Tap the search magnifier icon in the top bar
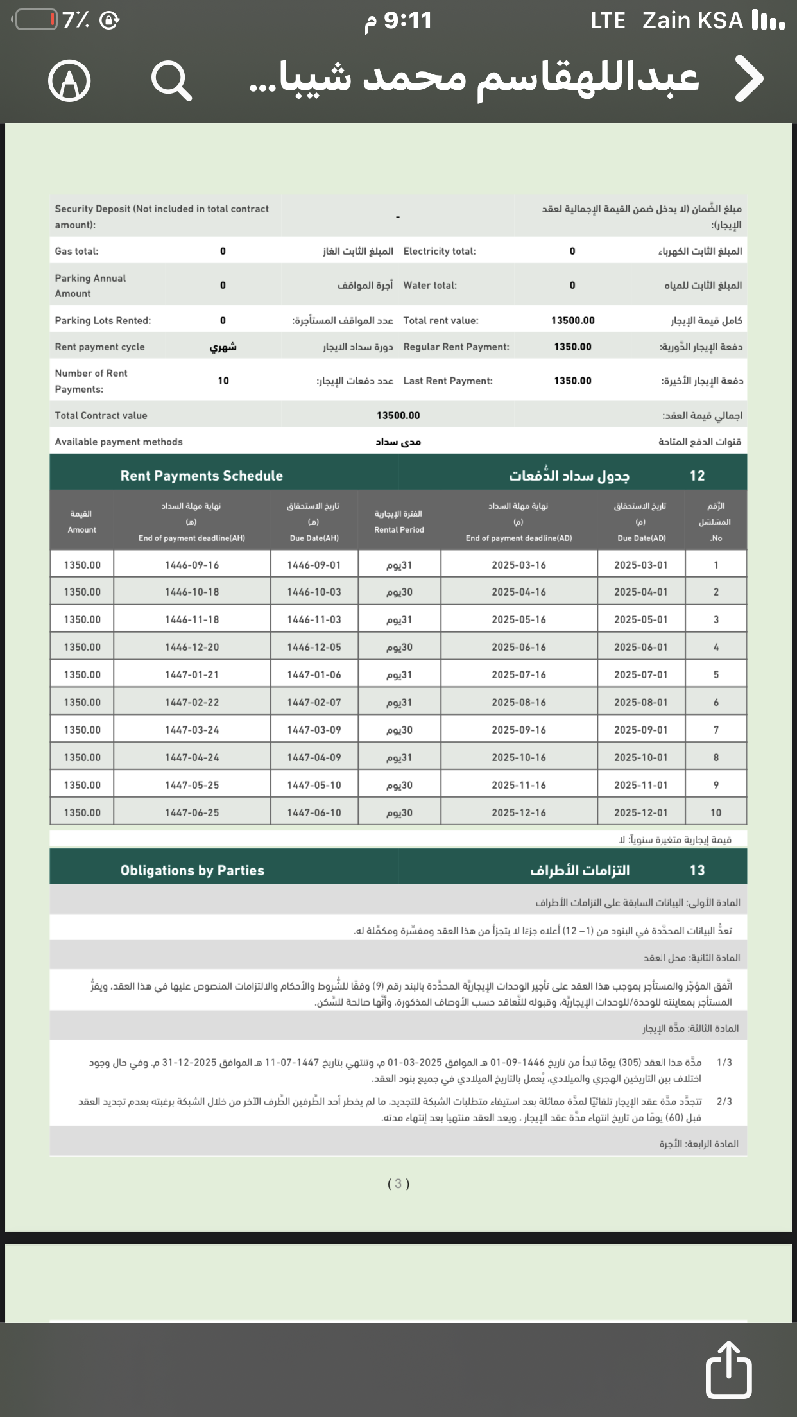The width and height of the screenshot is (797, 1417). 171,81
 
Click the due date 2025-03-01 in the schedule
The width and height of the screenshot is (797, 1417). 640,565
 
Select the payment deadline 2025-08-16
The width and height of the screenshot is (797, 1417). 518,702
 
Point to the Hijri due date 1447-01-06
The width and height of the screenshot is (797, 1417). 314,674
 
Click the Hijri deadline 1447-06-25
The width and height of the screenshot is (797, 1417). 192,812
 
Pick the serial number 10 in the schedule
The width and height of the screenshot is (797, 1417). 716,812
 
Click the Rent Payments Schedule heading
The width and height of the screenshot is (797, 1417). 201,476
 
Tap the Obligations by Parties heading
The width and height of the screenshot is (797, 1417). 193,870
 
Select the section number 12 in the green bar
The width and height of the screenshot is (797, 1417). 697,476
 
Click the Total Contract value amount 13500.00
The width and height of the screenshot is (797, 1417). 398,415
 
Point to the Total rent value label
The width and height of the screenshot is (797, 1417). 441,320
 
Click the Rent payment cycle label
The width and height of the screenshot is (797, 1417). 99,347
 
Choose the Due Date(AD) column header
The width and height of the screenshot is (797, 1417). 641,522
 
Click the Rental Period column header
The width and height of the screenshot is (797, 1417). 398,522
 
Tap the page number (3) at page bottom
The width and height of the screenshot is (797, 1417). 398,1183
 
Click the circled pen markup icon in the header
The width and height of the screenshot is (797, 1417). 69,81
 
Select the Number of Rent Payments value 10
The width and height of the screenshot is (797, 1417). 223,381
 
